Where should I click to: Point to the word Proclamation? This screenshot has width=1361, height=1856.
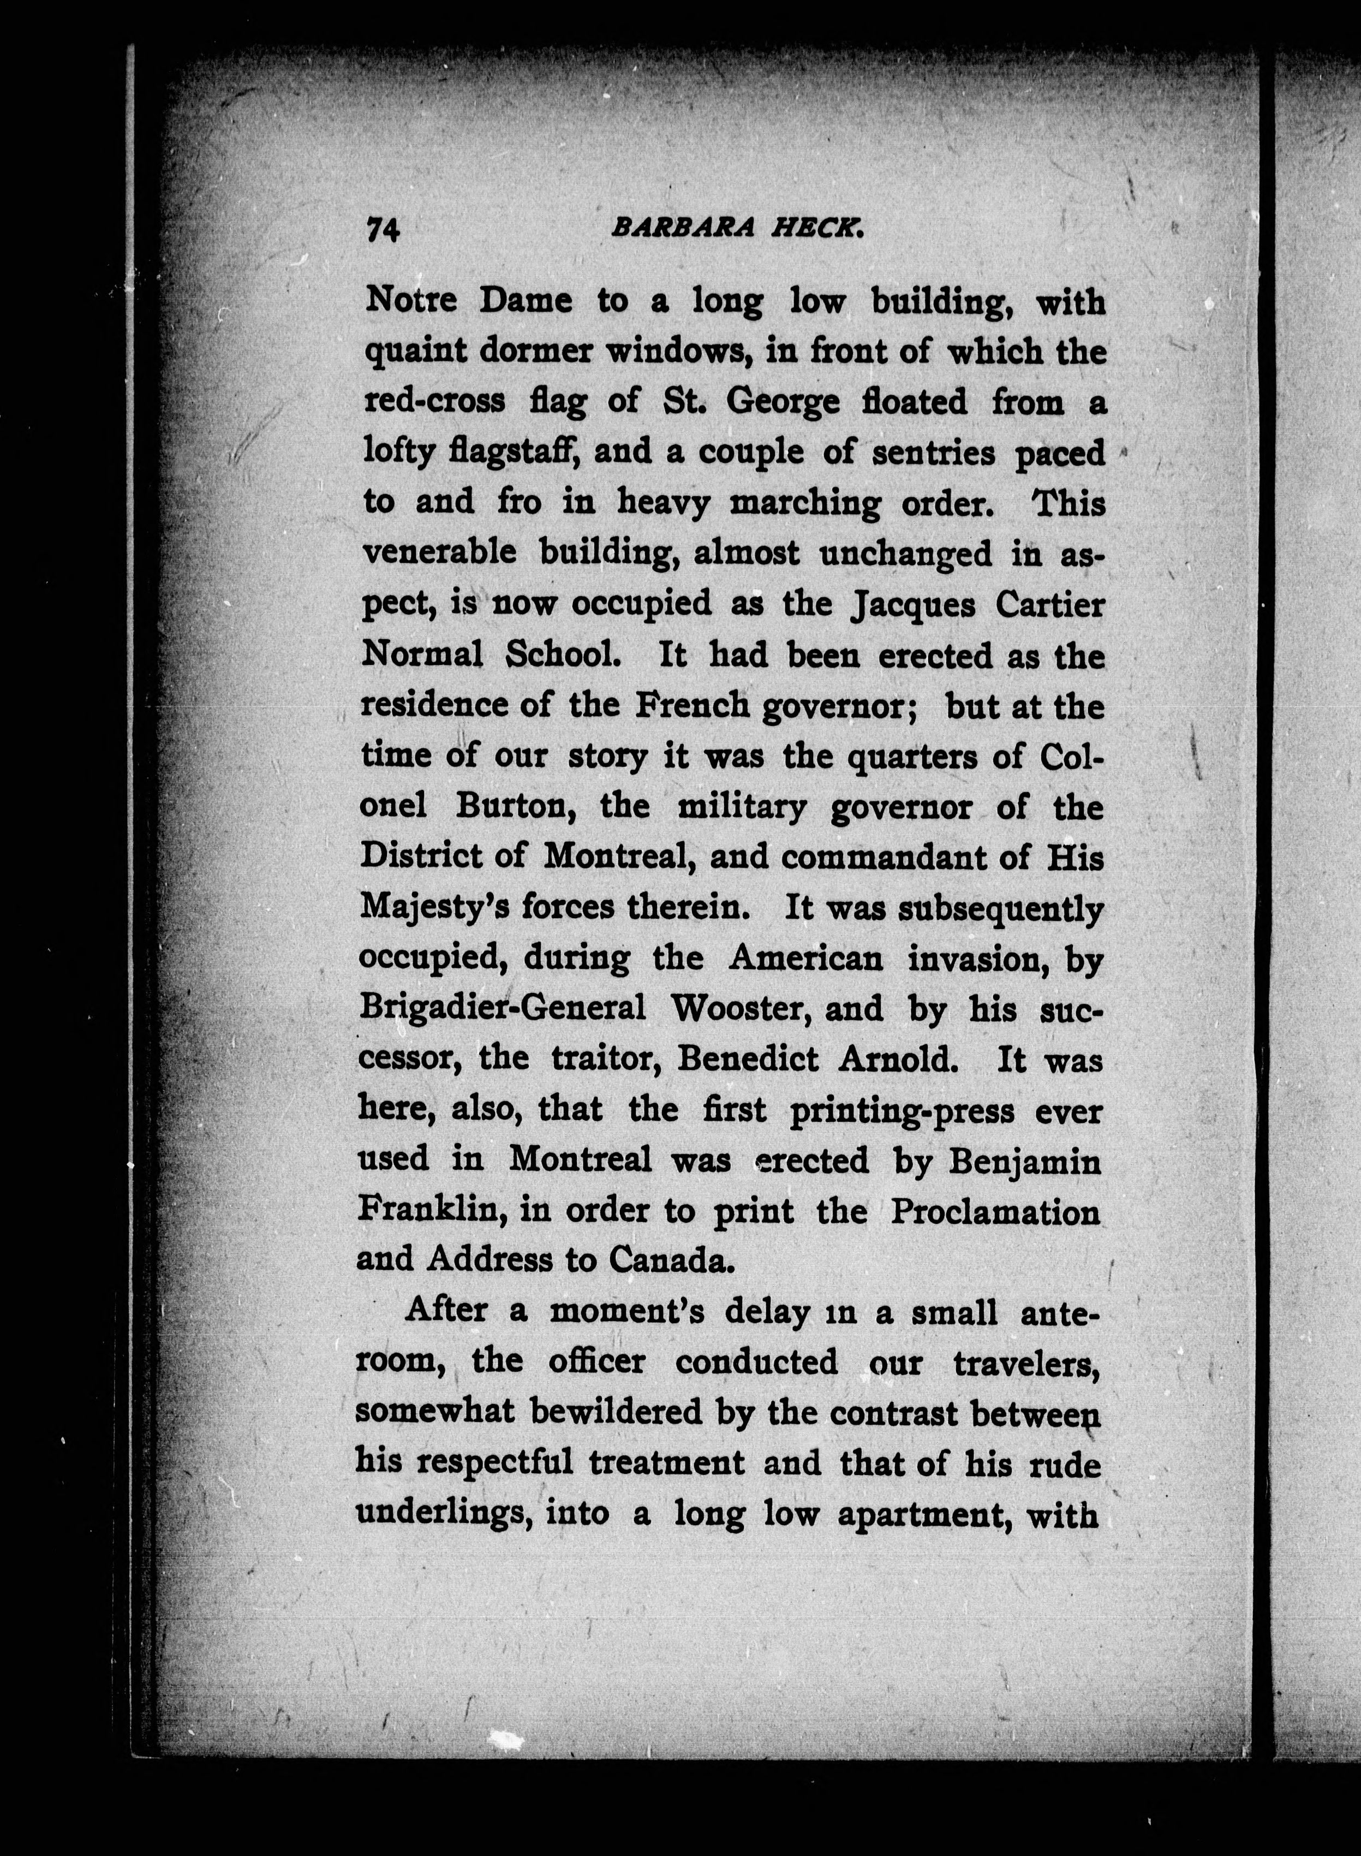click(x=995, y=1211)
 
